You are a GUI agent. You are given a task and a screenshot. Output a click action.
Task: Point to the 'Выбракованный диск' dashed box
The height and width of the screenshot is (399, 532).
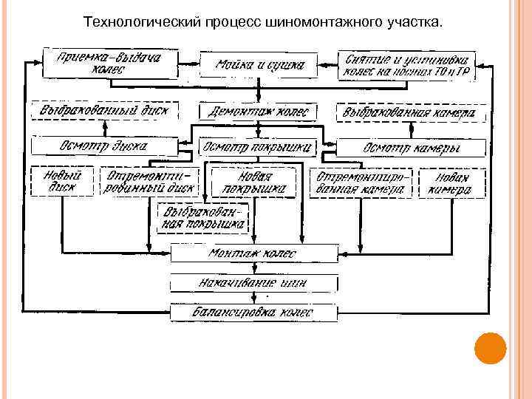(x=104, y=112)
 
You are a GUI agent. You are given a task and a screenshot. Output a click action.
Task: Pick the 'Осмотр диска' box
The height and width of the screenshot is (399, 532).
(x=104, y=146)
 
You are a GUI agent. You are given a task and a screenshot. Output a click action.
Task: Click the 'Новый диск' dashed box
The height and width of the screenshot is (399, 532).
(x=62, y=181)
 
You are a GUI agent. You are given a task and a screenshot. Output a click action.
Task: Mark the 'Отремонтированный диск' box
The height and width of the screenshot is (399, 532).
(x=150, y=181)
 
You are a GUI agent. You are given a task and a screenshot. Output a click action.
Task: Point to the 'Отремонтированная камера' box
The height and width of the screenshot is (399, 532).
(x=361, y=183)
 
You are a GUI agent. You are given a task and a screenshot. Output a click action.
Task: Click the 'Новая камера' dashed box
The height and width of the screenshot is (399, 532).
(x=452, y=183)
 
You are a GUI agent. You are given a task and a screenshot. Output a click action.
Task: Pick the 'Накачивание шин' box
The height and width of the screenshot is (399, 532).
(x=255, y=283)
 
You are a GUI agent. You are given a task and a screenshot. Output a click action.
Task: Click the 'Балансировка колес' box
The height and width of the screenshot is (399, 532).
(x=255, y=313)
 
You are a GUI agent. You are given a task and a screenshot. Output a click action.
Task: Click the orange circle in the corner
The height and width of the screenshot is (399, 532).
(x=489, y=348)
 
